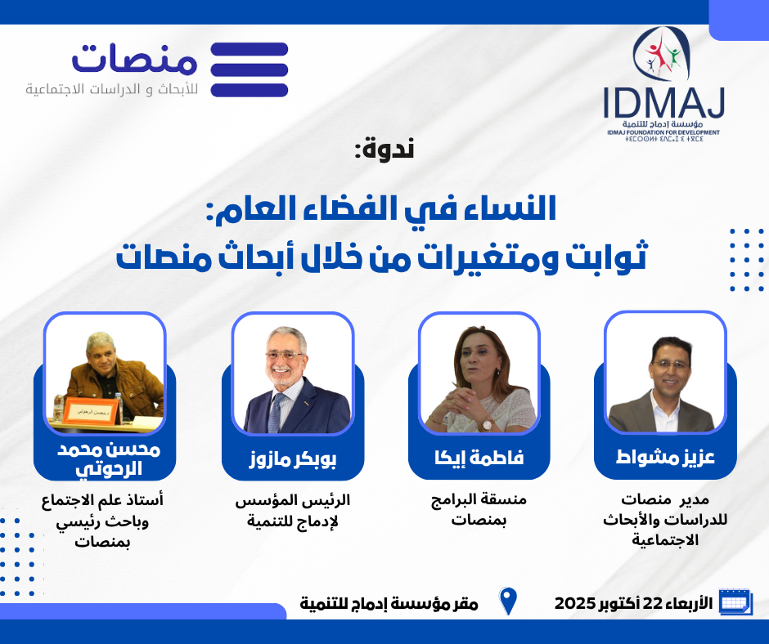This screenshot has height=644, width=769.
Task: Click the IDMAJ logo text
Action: tap(663, 103)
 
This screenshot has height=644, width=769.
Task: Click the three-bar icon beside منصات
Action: tap(250, 69)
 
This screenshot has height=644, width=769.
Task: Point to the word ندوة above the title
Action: tap(384, 149)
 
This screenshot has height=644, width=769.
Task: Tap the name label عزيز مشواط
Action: tap(665, 457)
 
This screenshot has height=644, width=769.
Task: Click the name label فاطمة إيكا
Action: tap(479, 458)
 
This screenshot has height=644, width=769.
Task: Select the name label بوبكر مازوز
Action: tap(293, 459)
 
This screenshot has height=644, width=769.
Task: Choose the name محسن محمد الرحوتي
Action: tap(108, 459)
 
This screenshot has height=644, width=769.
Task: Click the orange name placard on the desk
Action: tap(92, 412)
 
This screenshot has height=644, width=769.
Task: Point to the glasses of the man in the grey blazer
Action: tap(669, 365)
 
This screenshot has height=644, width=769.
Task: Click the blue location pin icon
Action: tap(508, 601)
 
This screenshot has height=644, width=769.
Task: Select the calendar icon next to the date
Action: tap(735, 601)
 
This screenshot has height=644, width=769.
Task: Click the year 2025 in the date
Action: tap(575, 603)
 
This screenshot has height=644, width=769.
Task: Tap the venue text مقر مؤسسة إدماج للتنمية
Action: tap(389, 603)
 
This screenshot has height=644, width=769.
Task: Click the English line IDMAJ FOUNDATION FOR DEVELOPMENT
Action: tap(663, 132)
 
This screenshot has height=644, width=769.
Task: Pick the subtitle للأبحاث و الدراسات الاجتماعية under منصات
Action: tap(112, 90)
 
